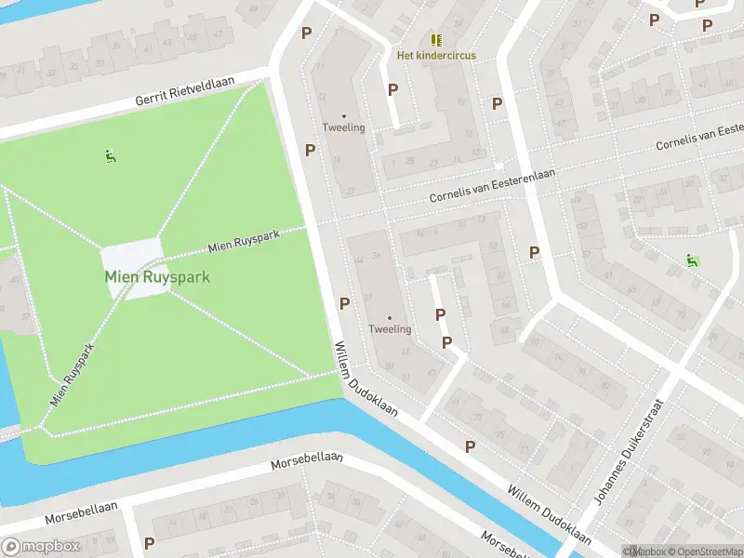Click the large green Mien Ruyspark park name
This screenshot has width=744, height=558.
click(x=156, y=277)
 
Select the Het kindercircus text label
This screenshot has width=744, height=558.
click(x=436, y=56)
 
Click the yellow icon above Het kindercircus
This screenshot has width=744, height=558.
click(x=436, y=40)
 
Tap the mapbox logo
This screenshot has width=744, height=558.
click(x=44, y=546)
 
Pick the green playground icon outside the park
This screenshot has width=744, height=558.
click(x=691, y=260)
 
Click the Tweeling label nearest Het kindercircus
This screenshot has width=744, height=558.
click(x=343, y=127)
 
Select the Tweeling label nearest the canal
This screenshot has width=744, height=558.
click(x=390, y=329)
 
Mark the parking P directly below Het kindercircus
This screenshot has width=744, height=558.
click(x=392, y=89)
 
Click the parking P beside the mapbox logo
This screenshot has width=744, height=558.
click(x=149, y=542)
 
